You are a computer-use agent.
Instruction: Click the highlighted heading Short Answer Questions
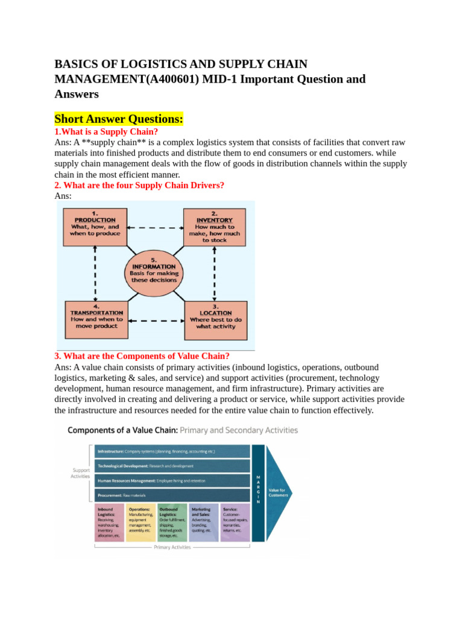click(x=119, y=119)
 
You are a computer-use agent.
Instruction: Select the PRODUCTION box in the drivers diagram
click(x=95, y=227)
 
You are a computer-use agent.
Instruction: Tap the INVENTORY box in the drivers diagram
click(x=215, y=227)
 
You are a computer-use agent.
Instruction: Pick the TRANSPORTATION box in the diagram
click(x=96, y=320)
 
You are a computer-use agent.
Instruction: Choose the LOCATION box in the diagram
click(x=215, y=320)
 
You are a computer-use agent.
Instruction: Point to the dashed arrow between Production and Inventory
click(x=154, y=228)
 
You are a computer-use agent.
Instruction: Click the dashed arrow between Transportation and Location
click(x=156, y=321)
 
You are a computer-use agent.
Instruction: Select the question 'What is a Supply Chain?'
click(x=106, y=131)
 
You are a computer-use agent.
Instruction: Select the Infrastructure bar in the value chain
click(x=171, y=451)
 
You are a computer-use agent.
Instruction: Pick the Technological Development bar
click(x=171, y=466)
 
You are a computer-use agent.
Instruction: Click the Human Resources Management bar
click(x=171, y=480)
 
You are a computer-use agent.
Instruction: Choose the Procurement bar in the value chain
click(x=171, y=495)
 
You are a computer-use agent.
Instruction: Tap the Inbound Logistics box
click(x=109, y=522)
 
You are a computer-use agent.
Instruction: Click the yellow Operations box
click(x=140, y=522)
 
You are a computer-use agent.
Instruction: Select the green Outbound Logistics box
click(x=172, y=522)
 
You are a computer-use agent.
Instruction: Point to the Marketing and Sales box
click(x=203, y=522)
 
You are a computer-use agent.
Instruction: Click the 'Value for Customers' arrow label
click(x=279, y=492)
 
